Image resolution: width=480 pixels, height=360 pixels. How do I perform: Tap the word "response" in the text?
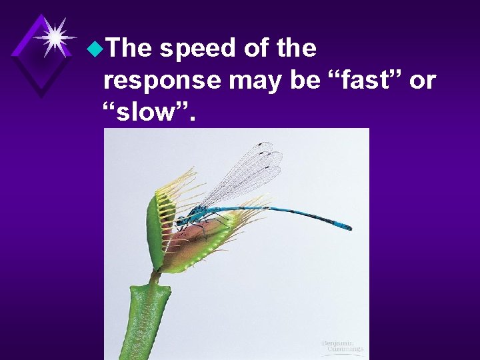[x=162, y=80]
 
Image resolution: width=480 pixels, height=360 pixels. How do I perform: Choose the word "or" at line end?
[x=423, y=81]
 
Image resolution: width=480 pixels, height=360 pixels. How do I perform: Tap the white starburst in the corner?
[x=54, y=36]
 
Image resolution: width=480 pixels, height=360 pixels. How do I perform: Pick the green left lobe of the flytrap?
[x=157, y=227]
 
